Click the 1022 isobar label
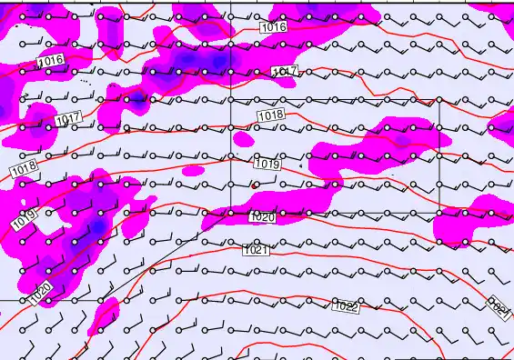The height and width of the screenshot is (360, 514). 346,307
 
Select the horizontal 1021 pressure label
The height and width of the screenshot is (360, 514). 256,250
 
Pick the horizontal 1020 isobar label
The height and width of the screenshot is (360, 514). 261,217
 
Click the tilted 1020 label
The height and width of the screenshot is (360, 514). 39,293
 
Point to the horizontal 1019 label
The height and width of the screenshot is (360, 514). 265,165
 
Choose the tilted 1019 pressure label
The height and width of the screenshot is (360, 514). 23,219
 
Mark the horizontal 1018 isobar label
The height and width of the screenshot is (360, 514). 270,115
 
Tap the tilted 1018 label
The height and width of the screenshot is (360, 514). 24,169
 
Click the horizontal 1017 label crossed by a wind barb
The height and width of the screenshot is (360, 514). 285,71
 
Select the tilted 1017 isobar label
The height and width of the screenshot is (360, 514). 68,119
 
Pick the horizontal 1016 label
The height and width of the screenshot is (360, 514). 273,27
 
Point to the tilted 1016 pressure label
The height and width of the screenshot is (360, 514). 51,60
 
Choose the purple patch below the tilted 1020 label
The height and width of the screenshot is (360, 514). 102,314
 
